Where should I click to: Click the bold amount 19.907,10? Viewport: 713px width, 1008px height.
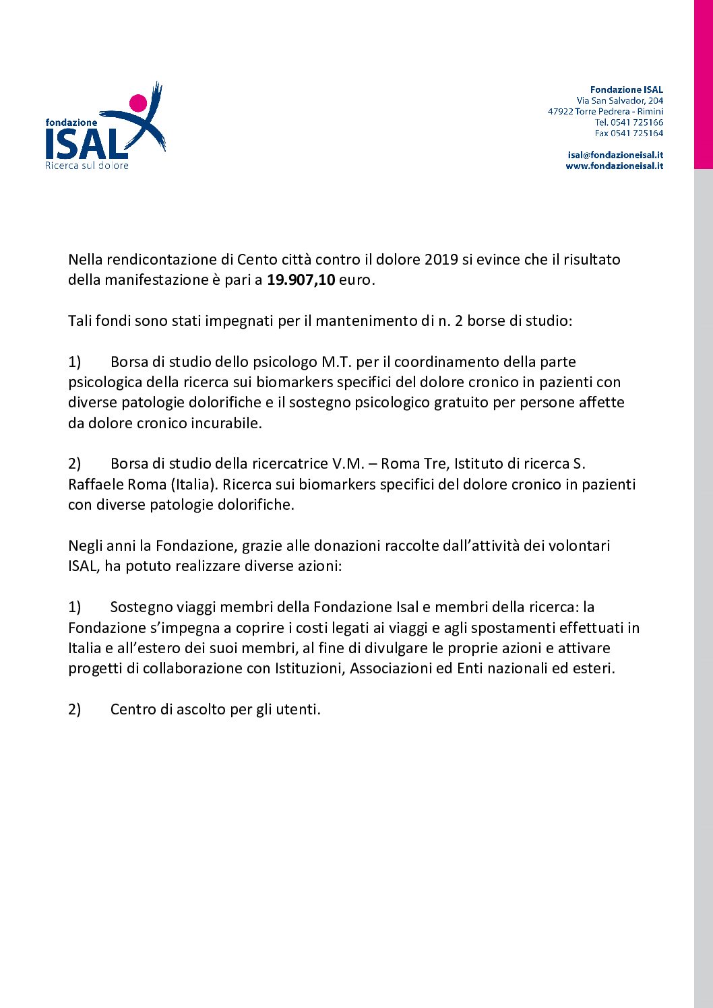click(301, 280)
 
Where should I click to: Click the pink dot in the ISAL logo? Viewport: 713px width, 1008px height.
click(138, 103)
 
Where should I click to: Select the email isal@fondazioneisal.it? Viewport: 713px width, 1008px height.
click(615, 155)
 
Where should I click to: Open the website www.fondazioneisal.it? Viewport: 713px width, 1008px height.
click(614, 166)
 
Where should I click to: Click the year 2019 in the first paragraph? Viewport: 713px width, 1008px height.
click(441, 260)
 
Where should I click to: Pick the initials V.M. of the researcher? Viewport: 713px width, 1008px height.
click(348, 464)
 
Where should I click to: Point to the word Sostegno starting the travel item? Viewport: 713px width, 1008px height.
click(142, 607)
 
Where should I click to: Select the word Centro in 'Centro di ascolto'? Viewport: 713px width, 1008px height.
click(133, 710)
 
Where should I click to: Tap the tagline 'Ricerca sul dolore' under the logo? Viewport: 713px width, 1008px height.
click(86, 165)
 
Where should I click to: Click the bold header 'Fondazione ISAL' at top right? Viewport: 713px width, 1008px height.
click(626, 90)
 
